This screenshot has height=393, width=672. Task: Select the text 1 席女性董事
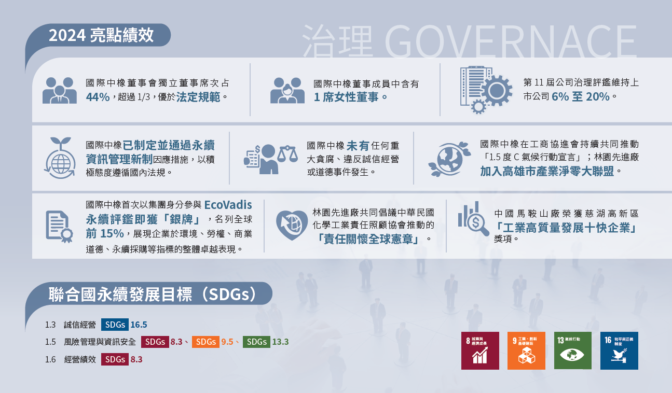(x=351, y=96)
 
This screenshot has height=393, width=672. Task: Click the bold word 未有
(x=358, y=146)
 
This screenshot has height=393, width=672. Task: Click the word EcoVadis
(x=228, y=204)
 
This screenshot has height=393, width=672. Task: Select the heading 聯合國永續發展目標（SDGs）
(x=152, y=294)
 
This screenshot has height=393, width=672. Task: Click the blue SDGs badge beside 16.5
(x=115, y=325)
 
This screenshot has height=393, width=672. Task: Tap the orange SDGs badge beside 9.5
(x=205, y=342)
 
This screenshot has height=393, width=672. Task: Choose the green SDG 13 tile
(x=573, y=350)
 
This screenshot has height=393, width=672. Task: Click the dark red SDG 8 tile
(x=480, y=350)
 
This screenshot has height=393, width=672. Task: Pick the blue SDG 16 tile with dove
(x=619, y=350)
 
